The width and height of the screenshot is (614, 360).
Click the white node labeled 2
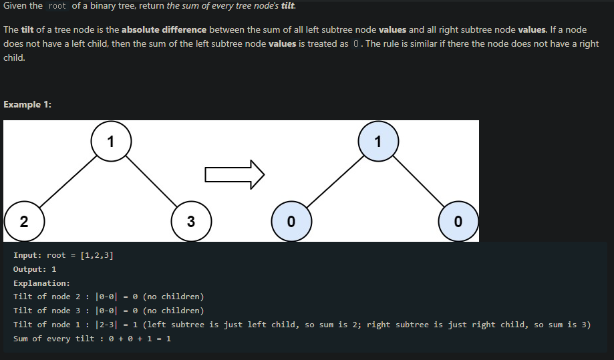(x=24, y=222)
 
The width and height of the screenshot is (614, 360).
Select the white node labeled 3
(x=191, y=222)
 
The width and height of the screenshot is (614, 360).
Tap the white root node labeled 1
(x=111, y=141)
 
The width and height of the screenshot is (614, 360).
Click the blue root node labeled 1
(x=378, y=141)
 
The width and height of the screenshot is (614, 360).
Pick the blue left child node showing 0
(x=291, y=222)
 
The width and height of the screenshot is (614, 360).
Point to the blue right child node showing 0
(x=458, y=222)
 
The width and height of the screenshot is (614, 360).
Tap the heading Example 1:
(x=27, y=104)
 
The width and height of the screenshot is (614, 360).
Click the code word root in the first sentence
(x=58, y=6)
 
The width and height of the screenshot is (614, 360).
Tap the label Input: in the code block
(x=27, y=255)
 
